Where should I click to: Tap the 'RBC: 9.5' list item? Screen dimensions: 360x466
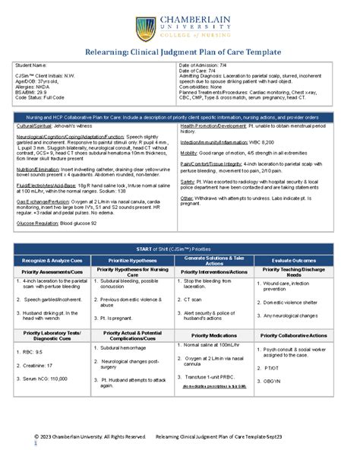point(34,353)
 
